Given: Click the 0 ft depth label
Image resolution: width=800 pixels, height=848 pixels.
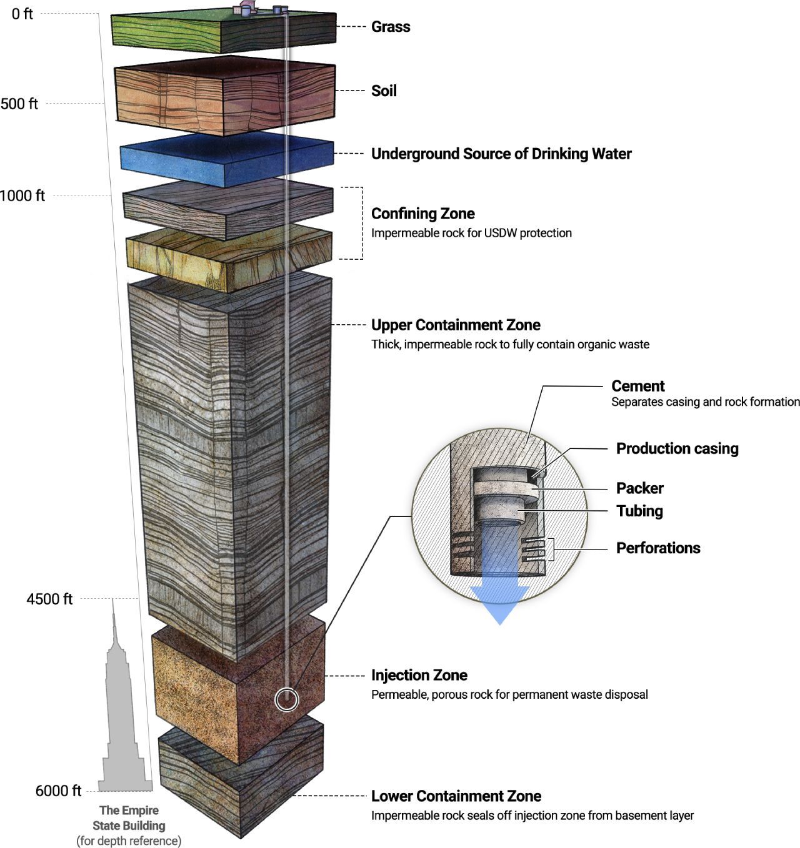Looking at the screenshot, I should click(x=22, y=14).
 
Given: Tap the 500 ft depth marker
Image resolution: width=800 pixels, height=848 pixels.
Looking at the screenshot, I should click(x=19, y=104).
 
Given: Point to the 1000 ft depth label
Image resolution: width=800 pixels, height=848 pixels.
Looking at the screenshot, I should click(x=22, y=196).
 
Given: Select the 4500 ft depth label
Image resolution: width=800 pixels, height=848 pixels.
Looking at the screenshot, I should click(x=49, y=599).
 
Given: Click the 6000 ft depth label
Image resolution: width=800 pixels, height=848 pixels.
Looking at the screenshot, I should click(x=58, y=791).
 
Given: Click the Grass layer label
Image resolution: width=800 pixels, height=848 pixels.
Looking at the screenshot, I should click(x=391, y=27).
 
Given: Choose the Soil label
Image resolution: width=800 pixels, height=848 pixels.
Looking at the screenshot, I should click(x=384, y=91).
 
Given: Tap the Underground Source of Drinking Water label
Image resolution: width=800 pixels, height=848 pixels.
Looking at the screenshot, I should click(x=501, y=154).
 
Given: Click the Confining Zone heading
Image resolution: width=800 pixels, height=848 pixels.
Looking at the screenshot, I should click(x=422, y=214).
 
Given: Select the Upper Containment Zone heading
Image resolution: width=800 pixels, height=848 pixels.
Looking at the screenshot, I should click(x=456, y=325).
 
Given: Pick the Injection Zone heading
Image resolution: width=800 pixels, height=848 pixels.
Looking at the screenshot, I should click(x=419, y=676).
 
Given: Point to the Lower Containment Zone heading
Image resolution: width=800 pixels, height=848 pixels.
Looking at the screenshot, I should click(x=456, y=797).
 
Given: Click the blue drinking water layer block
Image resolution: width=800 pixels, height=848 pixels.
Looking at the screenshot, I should click(x=225, y=159).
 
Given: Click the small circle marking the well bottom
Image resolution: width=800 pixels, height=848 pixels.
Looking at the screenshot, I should click(x=287, y=699).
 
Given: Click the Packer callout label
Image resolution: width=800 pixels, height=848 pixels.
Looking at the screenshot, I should click(x=639, y=488).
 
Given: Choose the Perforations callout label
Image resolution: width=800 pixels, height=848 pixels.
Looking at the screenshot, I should click(x=658, y=548).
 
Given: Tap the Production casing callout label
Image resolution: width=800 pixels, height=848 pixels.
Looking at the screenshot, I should click(x=677, y=449).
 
